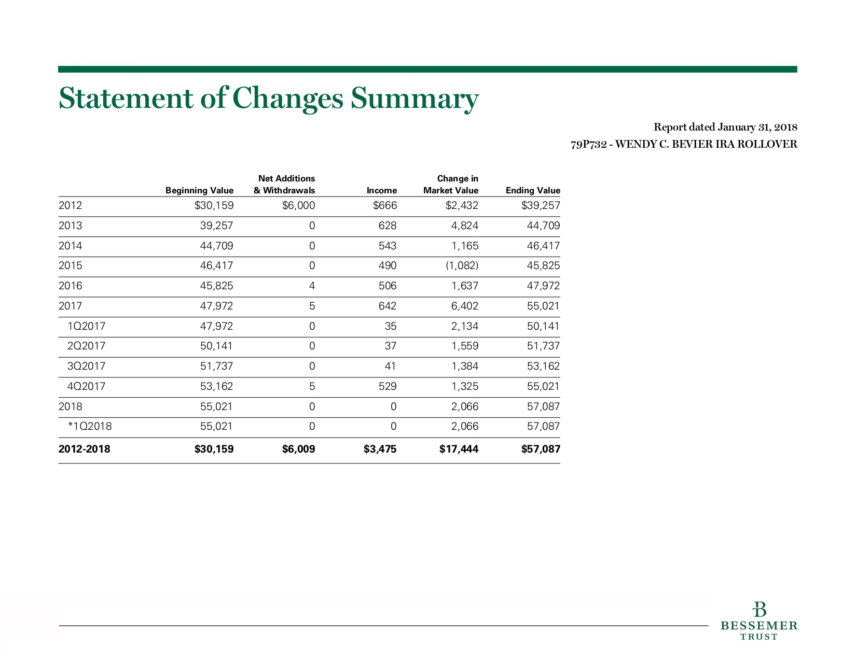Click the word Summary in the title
pos(415,99)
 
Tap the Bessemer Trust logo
pos(758,621)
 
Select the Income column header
pos(382,191)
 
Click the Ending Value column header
pos(533,191)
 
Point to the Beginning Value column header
pos(199,191)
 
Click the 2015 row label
pos(70,266)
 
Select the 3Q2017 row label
pos(86,366)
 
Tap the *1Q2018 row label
pos(90,426)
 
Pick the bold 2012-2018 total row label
pos(84,449)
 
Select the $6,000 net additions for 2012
pos(299,205)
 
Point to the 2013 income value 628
pos(388,226)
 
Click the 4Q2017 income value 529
pos(388,386)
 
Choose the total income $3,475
pos(380,449)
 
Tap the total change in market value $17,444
pos(459,449)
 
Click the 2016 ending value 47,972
pos(543,286)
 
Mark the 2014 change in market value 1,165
pos(465,246)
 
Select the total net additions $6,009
pos(299,449)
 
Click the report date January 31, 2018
pos(757,127)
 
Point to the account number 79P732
pos(589,145)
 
